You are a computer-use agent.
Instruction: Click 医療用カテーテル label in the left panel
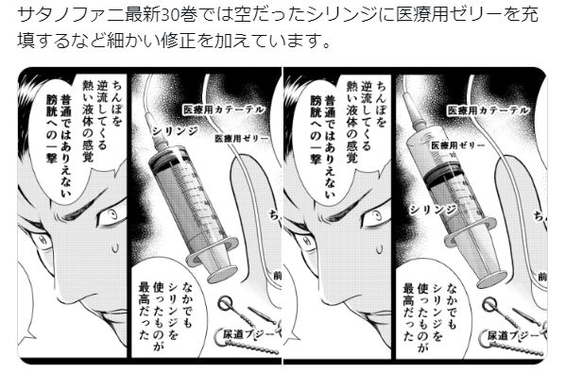point(224,110)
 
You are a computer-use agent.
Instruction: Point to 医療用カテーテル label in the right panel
point(488,110)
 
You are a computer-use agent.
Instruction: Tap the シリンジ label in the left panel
point(175,131)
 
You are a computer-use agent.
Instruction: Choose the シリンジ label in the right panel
point(433,210)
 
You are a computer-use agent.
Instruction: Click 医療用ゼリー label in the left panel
point(242,138)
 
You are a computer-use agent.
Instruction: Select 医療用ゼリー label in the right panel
point(458,145)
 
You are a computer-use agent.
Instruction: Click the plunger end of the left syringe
point(222,275)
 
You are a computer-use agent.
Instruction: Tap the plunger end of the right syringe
point(493,279)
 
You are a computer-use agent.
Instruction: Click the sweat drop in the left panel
point(115,248)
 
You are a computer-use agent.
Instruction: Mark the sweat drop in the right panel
point(379,248)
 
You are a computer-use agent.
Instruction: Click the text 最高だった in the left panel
point(145,311)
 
